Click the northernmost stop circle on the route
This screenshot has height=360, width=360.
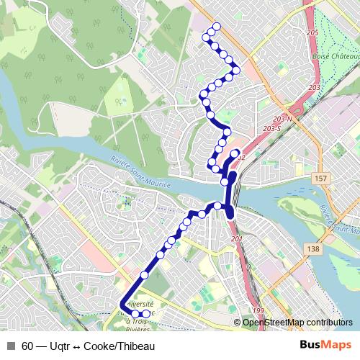click(214, 29)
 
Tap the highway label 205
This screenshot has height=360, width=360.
click(312, 34)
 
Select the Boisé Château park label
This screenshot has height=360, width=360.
click(331, 55)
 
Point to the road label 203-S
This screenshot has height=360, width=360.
click(272, 127)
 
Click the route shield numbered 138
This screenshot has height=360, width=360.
click(312, 248)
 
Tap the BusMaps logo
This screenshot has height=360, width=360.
click(325, 345)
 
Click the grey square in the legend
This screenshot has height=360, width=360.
click(11, 345)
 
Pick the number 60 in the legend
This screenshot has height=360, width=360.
click(27, 345)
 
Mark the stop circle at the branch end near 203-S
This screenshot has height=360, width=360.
click(235, 153)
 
